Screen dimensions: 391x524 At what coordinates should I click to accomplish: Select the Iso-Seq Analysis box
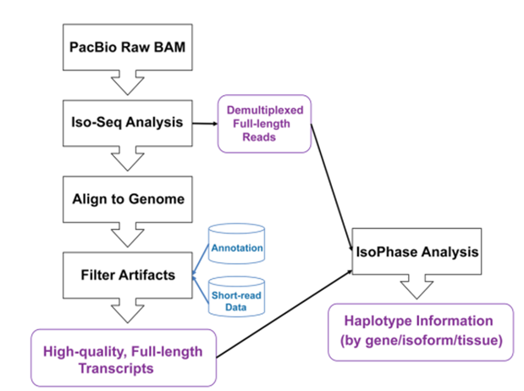[x=124, y=123]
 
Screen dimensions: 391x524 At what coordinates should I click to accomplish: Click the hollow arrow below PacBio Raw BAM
[x=124, y=86]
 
